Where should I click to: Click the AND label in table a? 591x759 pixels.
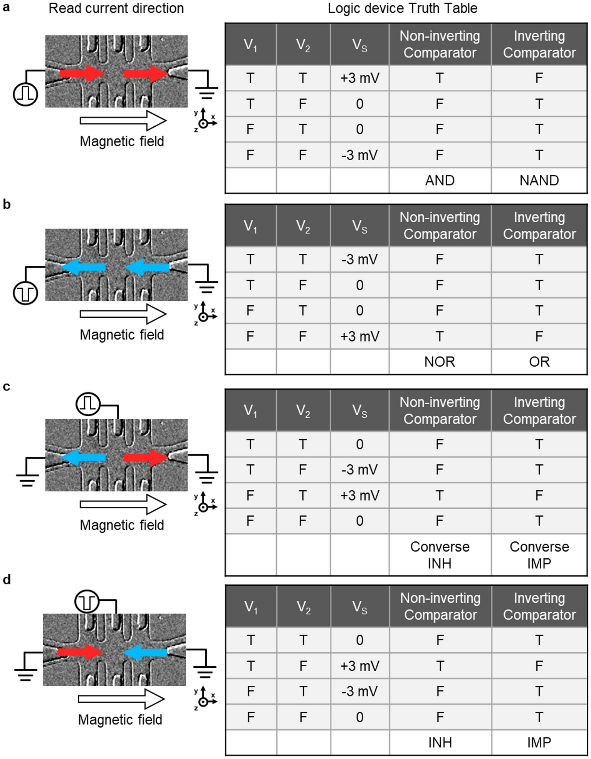coord(440,180)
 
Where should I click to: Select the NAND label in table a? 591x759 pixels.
coord(539,180)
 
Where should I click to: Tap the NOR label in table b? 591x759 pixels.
coord(440,362)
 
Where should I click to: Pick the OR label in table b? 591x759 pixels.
coord(539,362)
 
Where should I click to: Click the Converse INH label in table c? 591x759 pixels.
coord(440,555)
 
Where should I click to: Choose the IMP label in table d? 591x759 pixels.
coord(539,742)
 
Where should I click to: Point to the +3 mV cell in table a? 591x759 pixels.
coord(359,78)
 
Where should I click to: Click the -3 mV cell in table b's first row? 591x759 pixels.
coord(359,259)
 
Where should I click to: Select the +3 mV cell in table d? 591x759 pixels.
coord(359,666)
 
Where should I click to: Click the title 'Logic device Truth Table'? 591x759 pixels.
coord(402,8)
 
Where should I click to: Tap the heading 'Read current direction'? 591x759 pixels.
coord(116,8)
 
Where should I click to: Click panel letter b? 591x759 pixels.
coord(7,204)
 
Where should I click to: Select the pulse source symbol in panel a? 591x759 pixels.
coord(25,94)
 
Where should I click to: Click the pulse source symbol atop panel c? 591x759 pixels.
coord(88,404)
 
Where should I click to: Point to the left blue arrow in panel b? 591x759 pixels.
coord(84,267)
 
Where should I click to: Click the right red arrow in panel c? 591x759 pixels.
coord(146,457)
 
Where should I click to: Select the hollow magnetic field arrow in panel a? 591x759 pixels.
coord(123,121)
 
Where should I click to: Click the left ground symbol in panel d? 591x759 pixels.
coord(26,672)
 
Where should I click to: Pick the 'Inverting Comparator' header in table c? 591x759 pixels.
coord(539,410)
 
